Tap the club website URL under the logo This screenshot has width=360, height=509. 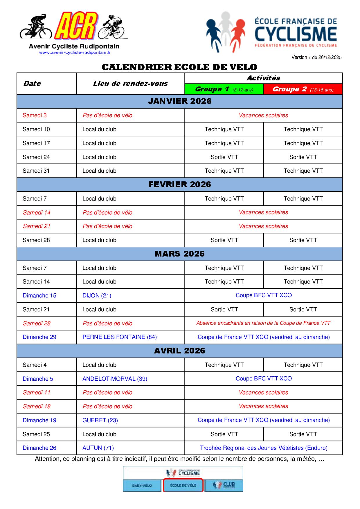(75, 53)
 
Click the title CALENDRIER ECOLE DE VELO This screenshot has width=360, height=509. (179, 67)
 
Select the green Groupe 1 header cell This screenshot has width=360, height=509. (224, 89)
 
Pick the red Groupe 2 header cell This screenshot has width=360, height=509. (303, 89)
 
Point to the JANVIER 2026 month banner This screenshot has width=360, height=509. (179, 101)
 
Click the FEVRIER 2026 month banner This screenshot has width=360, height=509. (179, 185)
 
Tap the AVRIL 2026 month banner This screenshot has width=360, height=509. (179, 351)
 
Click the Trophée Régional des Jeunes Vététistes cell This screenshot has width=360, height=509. (263, 448)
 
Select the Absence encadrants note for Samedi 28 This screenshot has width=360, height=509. (263, 323)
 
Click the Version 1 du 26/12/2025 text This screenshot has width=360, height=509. (316, 57)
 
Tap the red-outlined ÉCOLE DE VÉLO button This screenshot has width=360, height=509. (183, 485)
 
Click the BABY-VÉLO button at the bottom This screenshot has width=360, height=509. (142, 485)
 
